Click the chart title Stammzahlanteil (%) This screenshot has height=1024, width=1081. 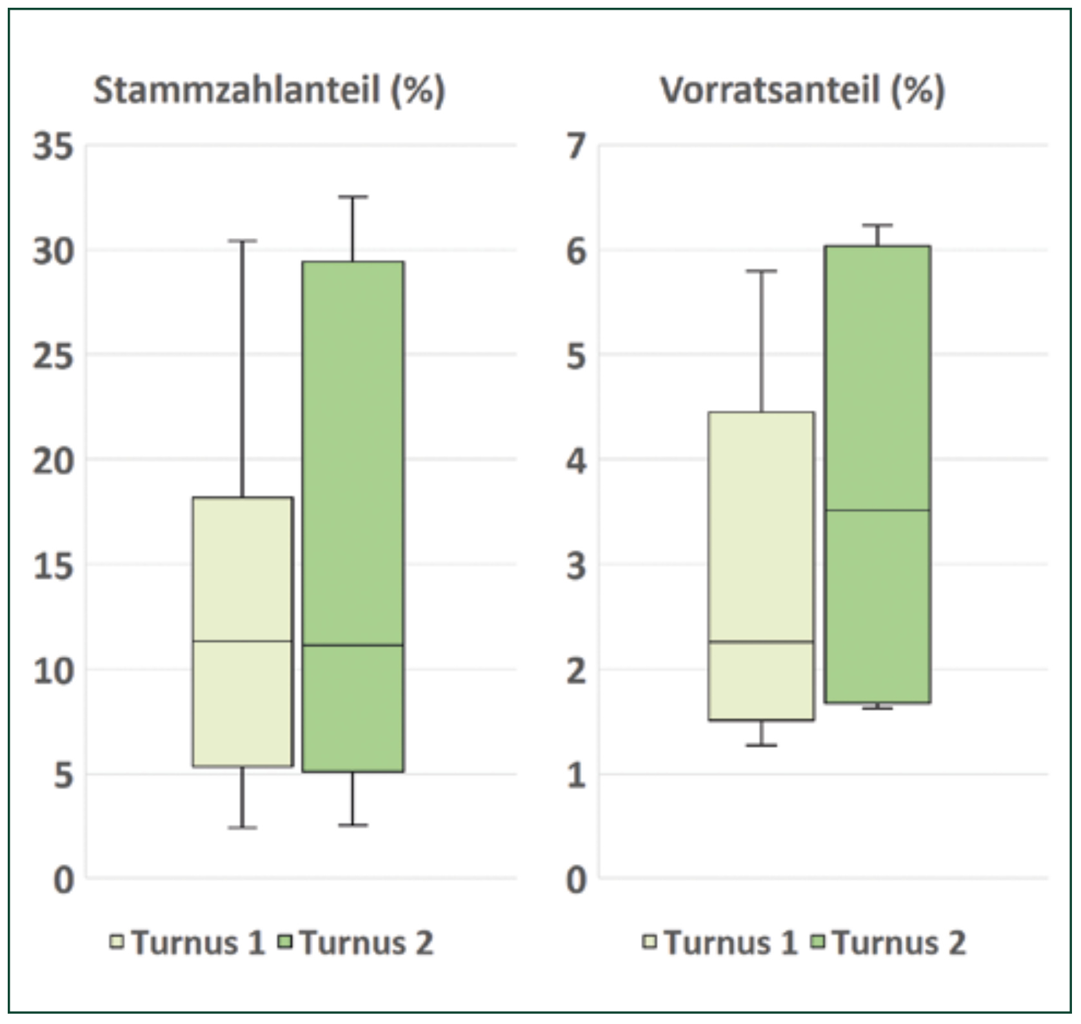pyautogui.click(x=269, y=90)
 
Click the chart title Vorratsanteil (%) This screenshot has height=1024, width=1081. pyautogui.click(x=802, y=90)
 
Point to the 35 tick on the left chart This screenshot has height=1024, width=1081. pyautogui.click(x=54, y=146)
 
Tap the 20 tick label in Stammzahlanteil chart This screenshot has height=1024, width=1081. pyautogui.click(x=54, y=460)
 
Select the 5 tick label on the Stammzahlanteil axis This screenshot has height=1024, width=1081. pyautogui.click(x=63, y=775)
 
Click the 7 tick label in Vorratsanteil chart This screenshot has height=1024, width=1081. pyautogui.click(x=577, y=146)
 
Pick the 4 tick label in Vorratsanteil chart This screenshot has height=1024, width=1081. pyautogui.click(x=577, y=460)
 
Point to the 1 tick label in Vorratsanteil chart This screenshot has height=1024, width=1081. pyautogui.click(x=577, y=775)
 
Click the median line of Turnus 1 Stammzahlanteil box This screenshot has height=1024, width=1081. pyautogui.click(x=243, y=641)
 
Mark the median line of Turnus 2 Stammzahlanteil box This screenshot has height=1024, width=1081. pyautogui.click(x=353, y=645)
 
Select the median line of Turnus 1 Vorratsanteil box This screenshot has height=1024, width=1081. pyautogui.click(x=761, y=642)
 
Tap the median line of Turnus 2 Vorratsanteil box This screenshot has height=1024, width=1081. pyautogui.click(x=878, y=510)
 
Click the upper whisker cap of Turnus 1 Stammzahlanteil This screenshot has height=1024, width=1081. pyautogui.click(x=243, y=241)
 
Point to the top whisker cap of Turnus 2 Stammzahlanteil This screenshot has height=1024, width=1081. pyautogui.click(x=353, y=197)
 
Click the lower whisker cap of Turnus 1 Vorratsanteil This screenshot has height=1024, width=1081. pyautogui.click(x=761, y=745)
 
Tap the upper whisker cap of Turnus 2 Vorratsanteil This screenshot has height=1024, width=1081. pyautogui.click(x=878, y=225)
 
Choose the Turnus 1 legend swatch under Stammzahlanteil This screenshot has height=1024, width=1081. pyautogui.click(x=117, y=942)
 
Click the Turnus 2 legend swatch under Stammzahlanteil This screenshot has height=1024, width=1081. pyautogui.click(x=285, y=942)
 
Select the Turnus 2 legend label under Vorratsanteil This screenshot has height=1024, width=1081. pyautogui.click(x=899, y=943)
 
